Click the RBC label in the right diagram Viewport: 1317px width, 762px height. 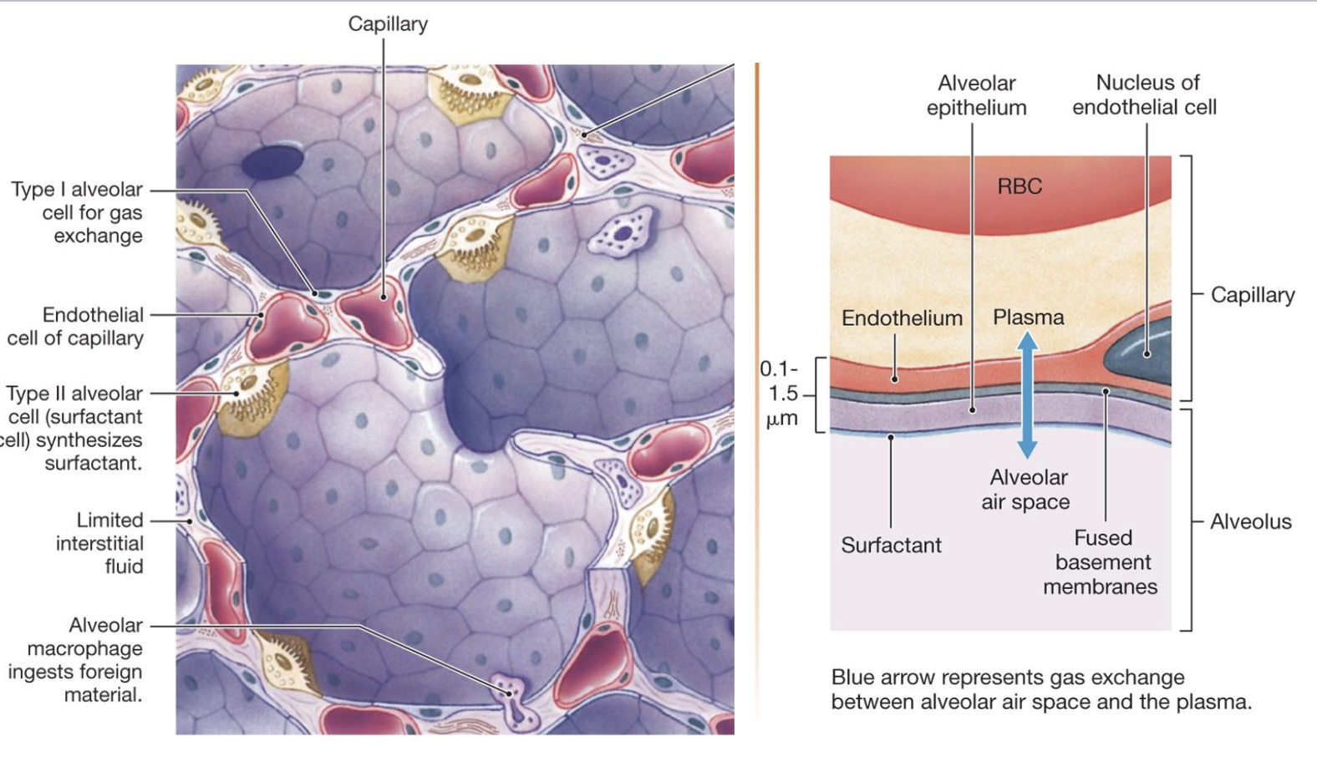click(1020, 186)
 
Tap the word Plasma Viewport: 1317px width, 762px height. click(1028, 317)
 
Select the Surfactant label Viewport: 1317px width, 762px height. click(891, 546)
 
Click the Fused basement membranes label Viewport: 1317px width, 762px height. click(1101, 562)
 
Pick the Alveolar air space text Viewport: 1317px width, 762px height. click(1027, 490)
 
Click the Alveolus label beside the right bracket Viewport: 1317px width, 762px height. click(1250, 522)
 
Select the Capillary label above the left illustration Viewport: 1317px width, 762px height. click(388, 24)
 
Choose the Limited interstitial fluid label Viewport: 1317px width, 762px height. click(100, 543)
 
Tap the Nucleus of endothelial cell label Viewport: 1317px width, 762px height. click(1144, 95)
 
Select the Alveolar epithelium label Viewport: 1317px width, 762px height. click(976, 95)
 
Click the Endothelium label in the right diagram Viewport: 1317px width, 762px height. click(902, 318)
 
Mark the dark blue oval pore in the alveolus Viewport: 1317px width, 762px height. click(272, 162)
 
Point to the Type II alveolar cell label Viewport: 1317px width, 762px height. click(74, 428)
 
